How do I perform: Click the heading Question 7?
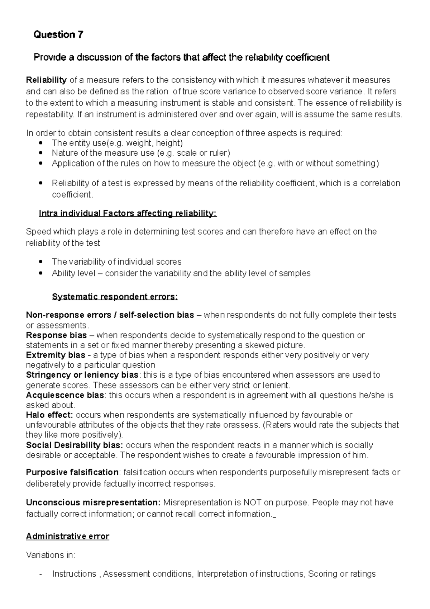[58, 35]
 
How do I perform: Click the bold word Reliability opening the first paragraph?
[46, 80]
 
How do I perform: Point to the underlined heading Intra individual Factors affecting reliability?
[128, 214]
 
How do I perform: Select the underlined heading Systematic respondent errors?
[115, 297]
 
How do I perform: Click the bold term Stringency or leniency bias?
[82, 375]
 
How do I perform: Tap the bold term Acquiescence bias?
[65, 395]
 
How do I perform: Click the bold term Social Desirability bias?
[75, 445]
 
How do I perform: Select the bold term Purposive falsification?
[72, 472]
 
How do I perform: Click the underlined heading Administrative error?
[68, 537]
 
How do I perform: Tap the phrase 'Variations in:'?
[51, 555]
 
